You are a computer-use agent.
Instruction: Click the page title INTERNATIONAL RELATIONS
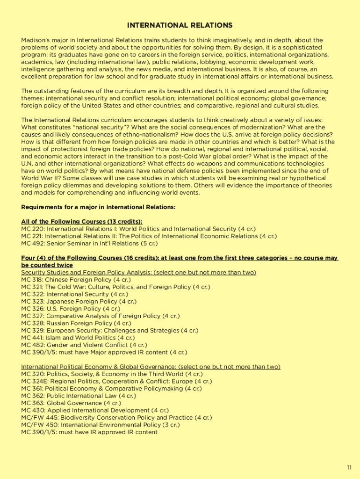coord(180,25)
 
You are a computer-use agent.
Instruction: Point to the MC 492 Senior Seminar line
coord(89,243)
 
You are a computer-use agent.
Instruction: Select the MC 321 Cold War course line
coord(115,287)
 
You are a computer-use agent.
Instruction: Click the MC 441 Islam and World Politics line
coord(78,338)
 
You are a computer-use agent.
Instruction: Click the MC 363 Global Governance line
coord(71,403)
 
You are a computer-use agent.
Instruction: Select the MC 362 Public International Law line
coord(79,396)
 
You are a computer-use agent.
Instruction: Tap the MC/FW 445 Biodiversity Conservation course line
coord(116,417)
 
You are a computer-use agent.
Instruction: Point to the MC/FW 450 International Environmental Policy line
coord(107,425)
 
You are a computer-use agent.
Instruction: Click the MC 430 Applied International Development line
coord(95,410)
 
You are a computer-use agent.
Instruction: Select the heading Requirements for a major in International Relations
coord(98,207)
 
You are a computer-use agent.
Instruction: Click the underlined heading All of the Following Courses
coord(82,221)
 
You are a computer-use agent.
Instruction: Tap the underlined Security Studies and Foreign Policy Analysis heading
coord(138,272)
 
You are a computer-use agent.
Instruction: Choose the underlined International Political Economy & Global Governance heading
coord(151,367)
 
